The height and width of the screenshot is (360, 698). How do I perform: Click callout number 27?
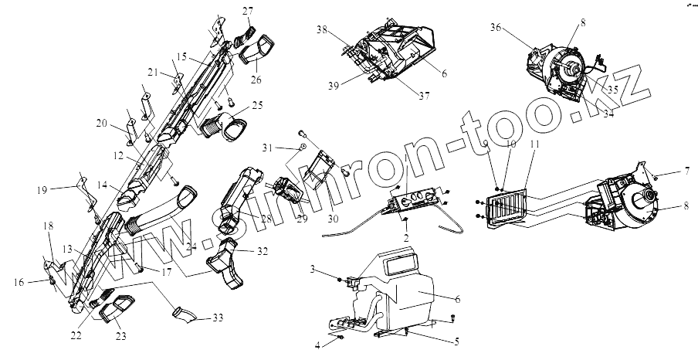[247, 11]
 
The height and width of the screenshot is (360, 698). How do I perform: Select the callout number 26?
[256, 79]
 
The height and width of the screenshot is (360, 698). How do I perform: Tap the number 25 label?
[257, 104]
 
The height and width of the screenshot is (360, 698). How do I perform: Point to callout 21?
[154, 72]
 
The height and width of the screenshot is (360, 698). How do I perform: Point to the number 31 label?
[267, 148]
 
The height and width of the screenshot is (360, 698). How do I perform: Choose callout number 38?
[321, 29]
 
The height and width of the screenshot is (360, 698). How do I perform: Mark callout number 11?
[536, 144]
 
